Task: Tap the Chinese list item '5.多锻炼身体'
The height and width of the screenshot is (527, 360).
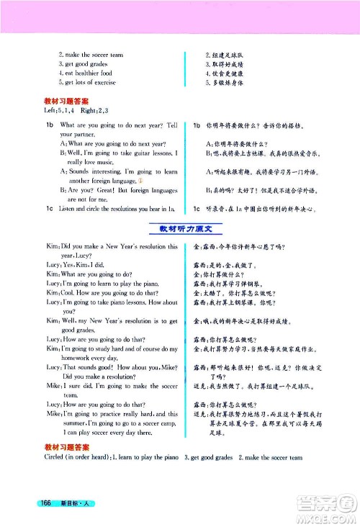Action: coord(229,83)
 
